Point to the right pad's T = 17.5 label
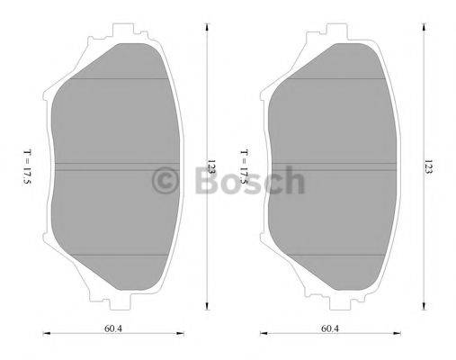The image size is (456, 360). click(x=246, y=167)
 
